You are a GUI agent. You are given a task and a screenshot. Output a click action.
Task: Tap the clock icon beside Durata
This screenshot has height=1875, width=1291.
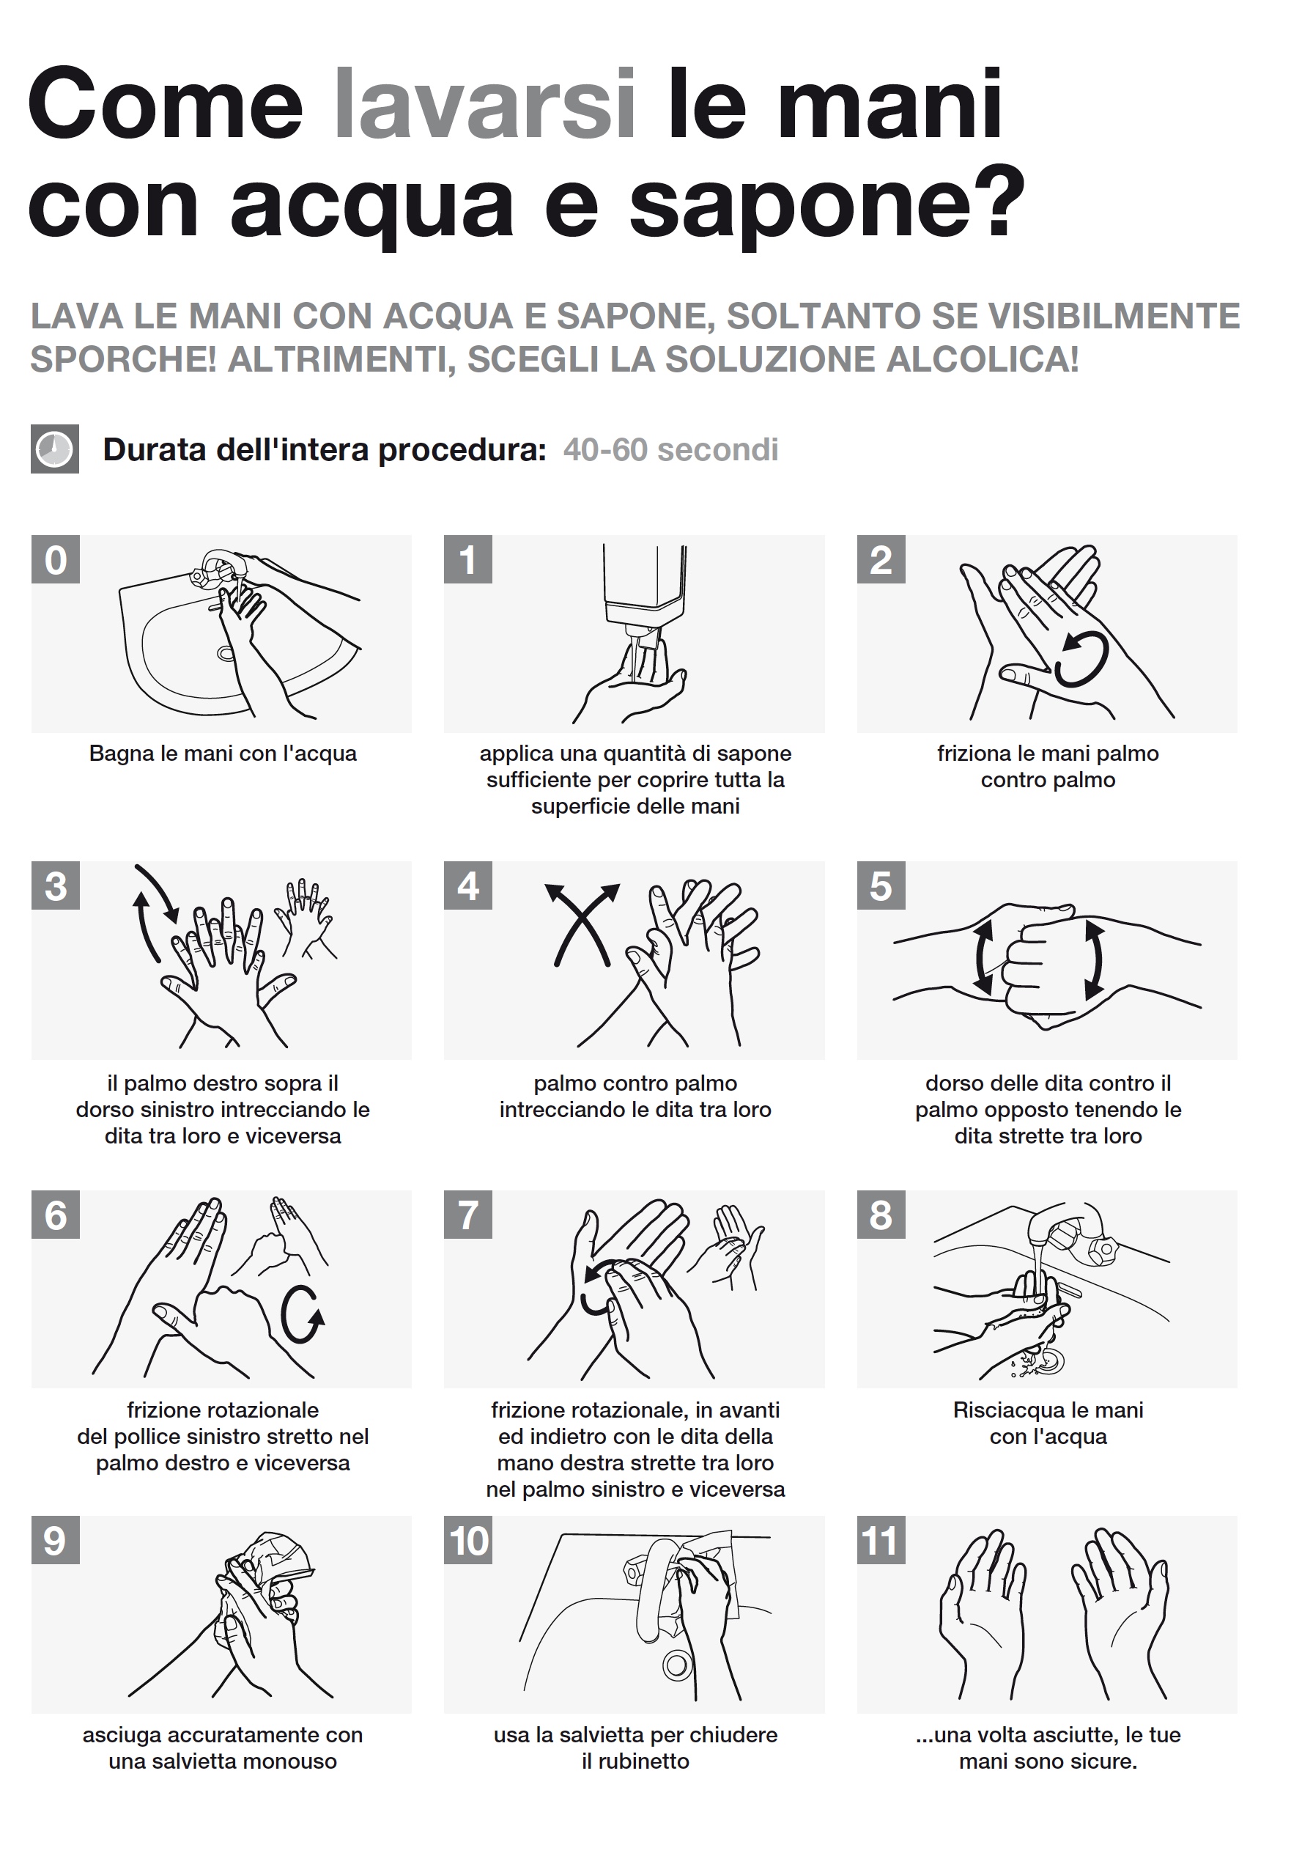[x=55, y=449]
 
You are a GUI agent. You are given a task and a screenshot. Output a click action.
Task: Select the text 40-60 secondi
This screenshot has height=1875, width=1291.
[x=670, y=450]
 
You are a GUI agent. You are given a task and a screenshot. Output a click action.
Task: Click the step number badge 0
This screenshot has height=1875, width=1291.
[x=56, y=559]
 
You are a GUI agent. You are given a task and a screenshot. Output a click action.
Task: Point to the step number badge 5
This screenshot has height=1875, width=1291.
[x=881, y=886]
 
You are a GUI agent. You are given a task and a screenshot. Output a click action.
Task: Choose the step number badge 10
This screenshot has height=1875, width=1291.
[x=468, y=1541]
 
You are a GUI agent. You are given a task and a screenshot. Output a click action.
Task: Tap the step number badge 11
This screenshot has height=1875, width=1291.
[x=881, y=1541]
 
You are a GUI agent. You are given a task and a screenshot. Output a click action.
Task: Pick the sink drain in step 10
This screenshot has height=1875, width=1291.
[x=676, y=1665]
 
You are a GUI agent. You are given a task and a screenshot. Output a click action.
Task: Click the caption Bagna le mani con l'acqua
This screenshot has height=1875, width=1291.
[x=223, y=754]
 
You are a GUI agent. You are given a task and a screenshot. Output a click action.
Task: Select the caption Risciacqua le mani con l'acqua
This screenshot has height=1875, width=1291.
[x=1048, y=1423]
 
